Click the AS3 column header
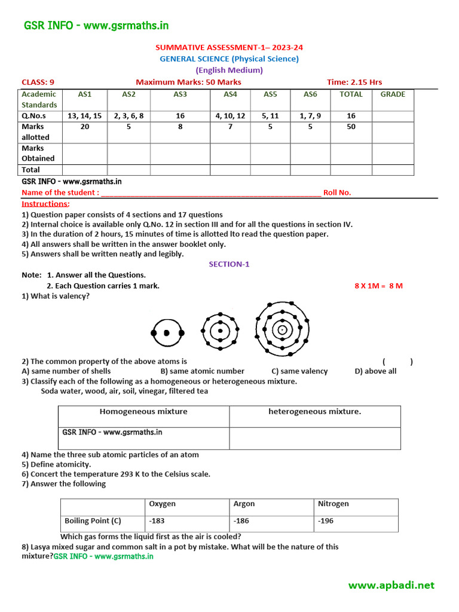click(180, 94)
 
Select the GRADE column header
click(393, 94)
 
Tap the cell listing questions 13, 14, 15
click(84, 116)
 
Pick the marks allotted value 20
click(84, 127)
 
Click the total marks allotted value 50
click(351, 127)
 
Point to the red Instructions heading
click(45, 204)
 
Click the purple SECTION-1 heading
click(229, 264)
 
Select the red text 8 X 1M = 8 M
click(378, 286)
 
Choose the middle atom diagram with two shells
click(220, 331)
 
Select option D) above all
click(375, 371)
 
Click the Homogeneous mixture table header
click(143, 411)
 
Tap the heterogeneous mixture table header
click(314, 411)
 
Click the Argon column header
click(244, 504)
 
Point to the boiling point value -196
click(325, 521)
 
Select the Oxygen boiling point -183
click(158, 521)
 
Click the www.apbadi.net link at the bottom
click(391, 585)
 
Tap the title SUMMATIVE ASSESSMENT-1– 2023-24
click(229, 47)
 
